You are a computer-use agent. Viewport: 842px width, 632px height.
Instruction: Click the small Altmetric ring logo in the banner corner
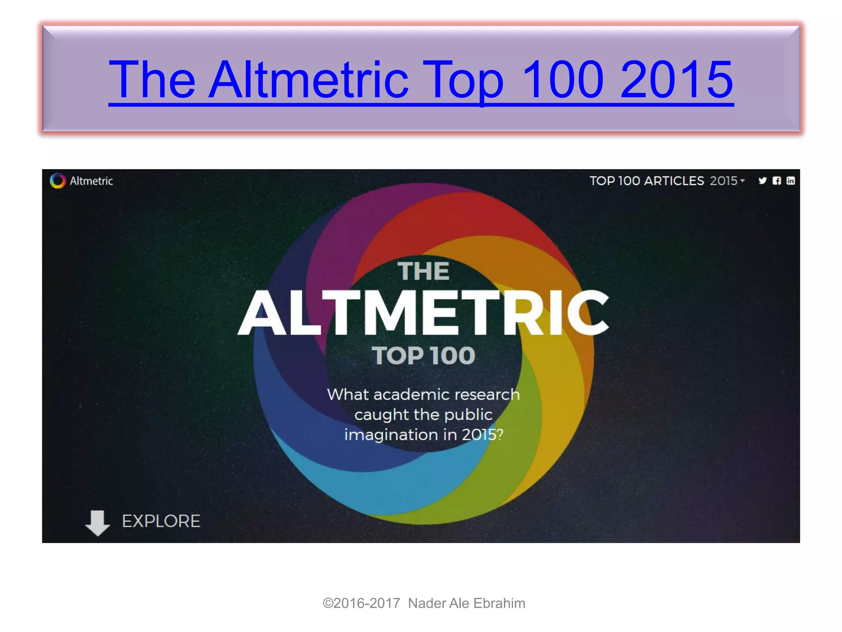58,181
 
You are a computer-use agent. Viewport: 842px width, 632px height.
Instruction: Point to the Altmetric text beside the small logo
91,181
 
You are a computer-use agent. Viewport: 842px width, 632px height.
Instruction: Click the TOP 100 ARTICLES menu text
647,181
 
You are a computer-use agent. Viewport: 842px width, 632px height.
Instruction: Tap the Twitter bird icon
763,181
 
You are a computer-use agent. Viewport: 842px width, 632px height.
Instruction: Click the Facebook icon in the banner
777,181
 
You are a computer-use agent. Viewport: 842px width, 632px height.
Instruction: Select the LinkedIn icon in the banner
791,181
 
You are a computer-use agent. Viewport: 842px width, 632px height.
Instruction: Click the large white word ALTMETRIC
423,313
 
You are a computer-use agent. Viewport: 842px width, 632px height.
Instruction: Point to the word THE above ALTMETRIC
423,272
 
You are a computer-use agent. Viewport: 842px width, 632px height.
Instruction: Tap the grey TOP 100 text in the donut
423,355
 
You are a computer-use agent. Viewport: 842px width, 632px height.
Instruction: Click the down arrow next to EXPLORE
97,523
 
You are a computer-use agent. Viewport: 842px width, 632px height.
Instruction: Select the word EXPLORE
161,521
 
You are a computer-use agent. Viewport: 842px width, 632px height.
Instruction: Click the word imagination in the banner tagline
391,435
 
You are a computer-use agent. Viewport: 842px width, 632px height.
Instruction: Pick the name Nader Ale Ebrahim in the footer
467,603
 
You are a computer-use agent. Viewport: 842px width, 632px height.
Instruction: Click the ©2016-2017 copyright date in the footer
361,603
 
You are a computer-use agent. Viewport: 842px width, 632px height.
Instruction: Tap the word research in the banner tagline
488,395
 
